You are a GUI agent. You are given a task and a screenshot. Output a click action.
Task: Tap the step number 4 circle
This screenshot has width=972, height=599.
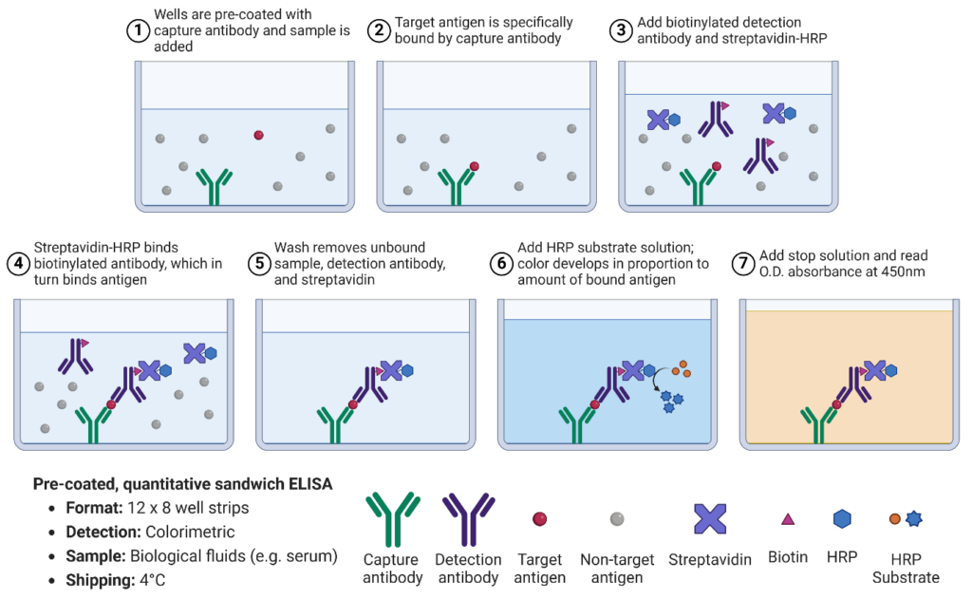[18, 263]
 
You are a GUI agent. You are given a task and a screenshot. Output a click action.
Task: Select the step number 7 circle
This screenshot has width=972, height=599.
[745, 263]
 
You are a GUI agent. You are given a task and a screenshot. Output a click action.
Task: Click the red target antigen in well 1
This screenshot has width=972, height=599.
[258, 135]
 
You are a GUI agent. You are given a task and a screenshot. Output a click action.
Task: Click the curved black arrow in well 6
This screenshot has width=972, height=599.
[655, 381]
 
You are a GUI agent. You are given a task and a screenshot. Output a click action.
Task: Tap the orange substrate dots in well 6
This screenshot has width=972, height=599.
[681, 366]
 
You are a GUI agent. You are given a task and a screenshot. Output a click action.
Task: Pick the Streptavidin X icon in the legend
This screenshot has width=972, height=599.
[710, 518]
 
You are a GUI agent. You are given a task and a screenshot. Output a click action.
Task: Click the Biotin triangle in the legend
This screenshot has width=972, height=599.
[787, 519]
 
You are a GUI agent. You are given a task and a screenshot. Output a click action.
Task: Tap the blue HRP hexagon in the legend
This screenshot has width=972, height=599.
[841, 519]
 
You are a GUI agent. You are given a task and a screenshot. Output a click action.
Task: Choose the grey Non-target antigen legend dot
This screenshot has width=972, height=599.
[616, 519]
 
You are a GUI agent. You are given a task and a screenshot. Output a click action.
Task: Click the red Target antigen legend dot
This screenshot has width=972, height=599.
[540, 519]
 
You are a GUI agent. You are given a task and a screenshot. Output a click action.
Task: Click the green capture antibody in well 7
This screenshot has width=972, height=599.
[816, 423]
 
